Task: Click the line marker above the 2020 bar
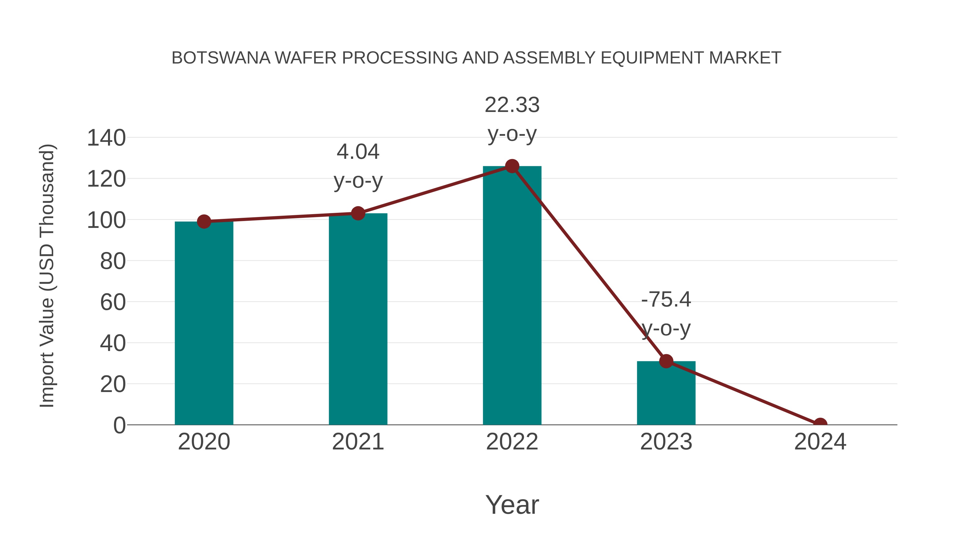pyautogui.click(x=204, y=222)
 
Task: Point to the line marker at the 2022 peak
pyautogui.click(x=512, y=166)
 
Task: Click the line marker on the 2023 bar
pyautogui.click(x=666, y=361)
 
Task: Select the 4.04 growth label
pyautogui.click(x=358, y=152)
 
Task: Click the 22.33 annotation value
pyautogui.click(x=512, y=105)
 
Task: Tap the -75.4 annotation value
pyautogui.click(x=666, y=299)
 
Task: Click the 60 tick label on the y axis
pyautogui.click(x=113, y=302)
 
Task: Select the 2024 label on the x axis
pyautogui.click(x=820, y=442)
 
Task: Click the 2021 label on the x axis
pyautogui.click(x=358, y=442)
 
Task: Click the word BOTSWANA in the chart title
pyautogui.click(x=221, y=58)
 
